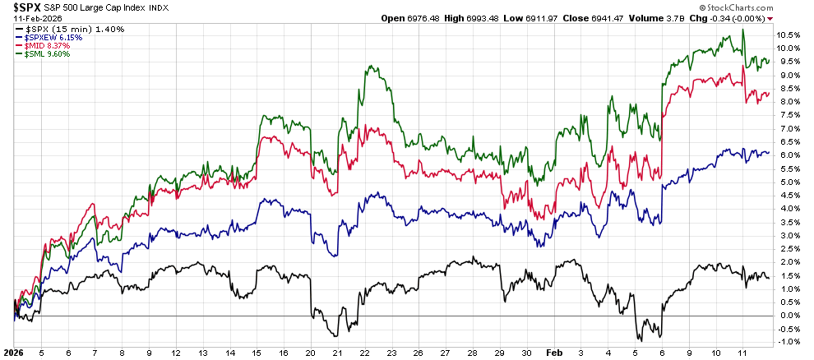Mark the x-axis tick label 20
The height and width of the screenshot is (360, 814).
click(x=310, y=352)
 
